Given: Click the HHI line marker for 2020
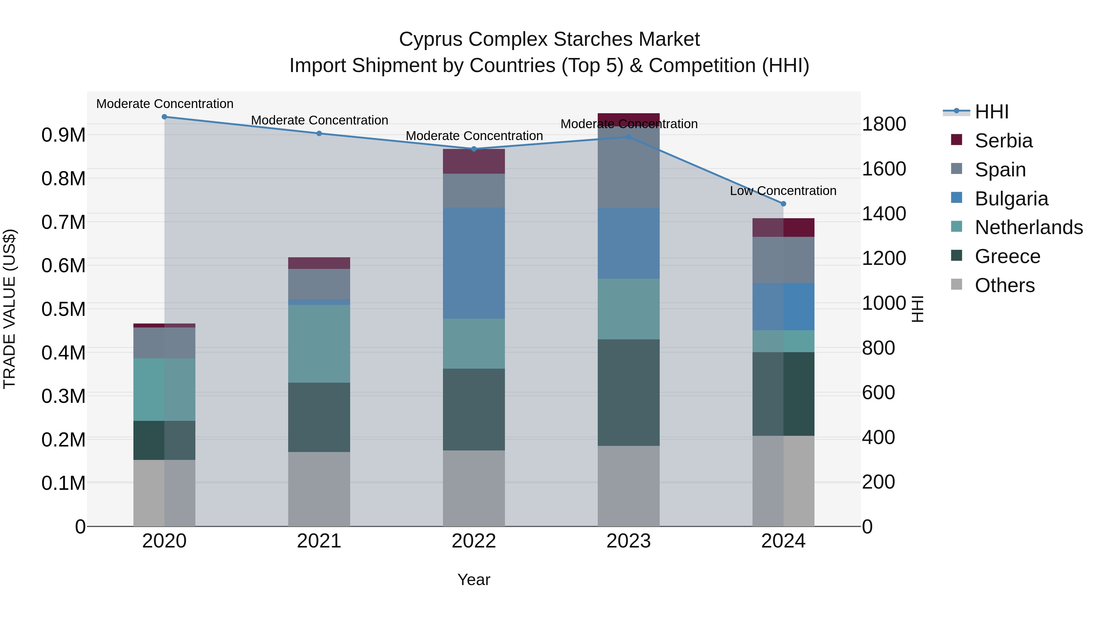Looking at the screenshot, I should tap(164, 117).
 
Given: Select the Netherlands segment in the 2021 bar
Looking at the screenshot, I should tap(319, 343).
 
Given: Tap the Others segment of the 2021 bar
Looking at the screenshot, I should tap(319, 489).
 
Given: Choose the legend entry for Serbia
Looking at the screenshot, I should tap(1003, 141).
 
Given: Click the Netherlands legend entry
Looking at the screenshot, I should tap(1028, 227).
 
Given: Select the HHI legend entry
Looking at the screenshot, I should tap(992, 112).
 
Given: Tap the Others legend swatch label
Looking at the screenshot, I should tap(1005, 285).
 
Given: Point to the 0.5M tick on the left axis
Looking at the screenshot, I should tap(63, 309).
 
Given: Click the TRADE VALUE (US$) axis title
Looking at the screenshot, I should tap(9, 309).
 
